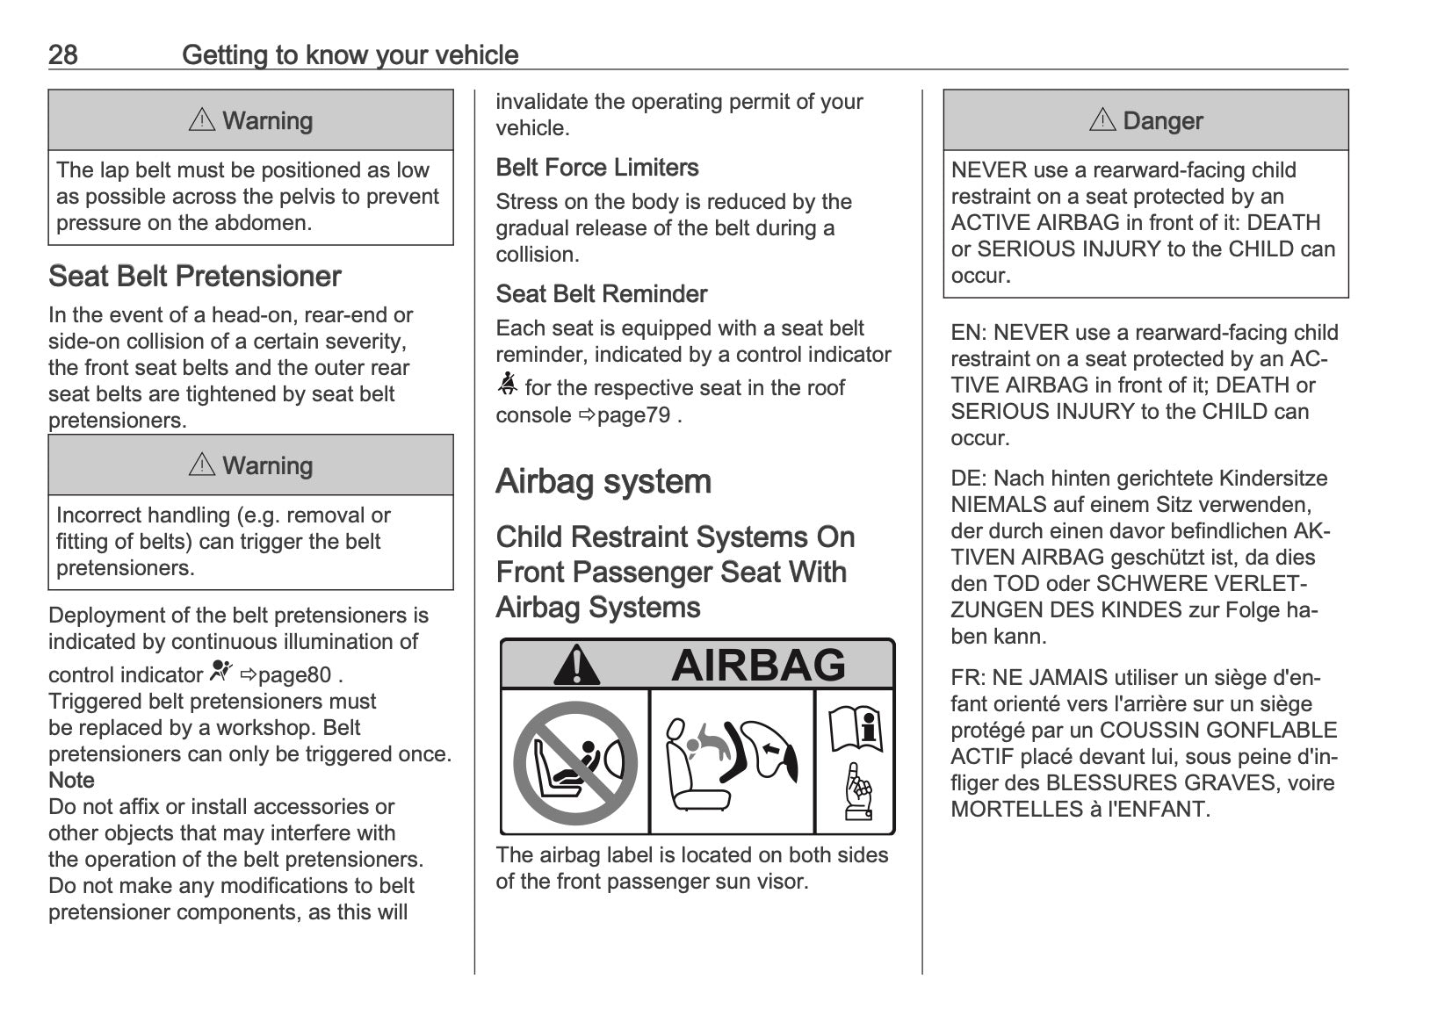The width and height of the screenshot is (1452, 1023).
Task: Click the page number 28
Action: point(63,55)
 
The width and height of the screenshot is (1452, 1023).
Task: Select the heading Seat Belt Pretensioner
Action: point(194,277)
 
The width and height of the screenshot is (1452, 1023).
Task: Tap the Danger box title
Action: point(1146,120)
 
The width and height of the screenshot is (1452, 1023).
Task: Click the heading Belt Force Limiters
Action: point(596,168)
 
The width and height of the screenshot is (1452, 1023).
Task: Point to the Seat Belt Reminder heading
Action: point(601,294)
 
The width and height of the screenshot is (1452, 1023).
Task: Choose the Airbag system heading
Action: point(603,482)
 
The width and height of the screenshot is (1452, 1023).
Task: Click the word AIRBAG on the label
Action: point(758,665)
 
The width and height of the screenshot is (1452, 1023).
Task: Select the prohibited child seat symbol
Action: point(575,762)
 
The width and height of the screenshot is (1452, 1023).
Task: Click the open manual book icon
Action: point(856,728)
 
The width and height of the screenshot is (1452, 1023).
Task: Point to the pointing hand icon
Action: point(856,792)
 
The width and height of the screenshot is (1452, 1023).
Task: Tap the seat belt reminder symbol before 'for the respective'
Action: point(507,385)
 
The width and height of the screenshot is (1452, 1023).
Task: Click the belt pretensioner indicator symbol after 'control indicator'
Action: point(221,672)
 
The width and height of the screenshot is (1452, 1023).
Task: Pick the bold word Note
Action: point(71,781)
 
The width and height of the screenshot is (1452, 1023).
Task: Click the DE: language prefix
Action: point(968,479)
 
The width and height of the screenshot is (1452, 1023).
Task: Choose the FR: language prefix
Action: point(967,678)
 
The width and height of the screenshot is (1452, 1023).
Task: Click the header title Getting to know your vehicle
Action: point(350,55)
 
